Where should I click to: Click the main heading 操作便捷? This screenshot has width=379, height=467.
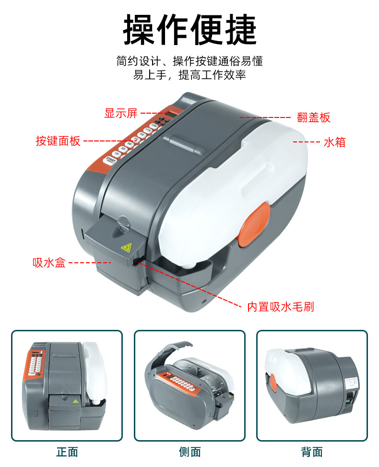(x=189, y=30)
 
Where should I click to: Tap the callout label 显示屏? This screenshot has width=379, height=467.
(x=121, y=113)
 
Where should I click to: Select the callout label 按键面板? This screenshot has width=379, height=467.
(x=58, y=141)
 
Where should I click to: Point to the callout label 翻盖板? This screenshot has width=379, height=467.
(x=314, y=117)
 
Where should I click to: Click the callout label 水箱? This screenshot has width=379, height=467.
(x=334, y=142)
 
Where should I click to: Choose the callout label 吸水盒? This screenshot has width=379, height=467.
(x=49, y=262)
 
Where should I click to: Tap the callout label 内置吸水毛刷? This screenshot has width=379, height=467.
(x=281, y=306)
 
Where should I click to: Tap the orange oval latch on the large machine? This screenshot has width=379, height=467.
(x=254, y=224)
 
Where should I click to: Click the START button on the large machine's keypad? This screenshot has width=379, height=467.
(x=111, y=161)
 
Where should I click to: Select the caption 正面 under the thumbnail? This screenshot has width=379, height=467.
(x=67, y=452)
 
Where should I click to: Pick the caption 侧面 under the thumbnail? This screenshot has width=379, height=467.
(x=189, y=452)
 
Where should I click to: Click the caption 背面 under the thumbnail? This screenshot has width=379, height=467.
(x=312, y=452)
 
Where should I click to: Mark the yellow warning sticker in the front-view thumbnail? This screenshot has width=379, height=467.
(x=75, y=400)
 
